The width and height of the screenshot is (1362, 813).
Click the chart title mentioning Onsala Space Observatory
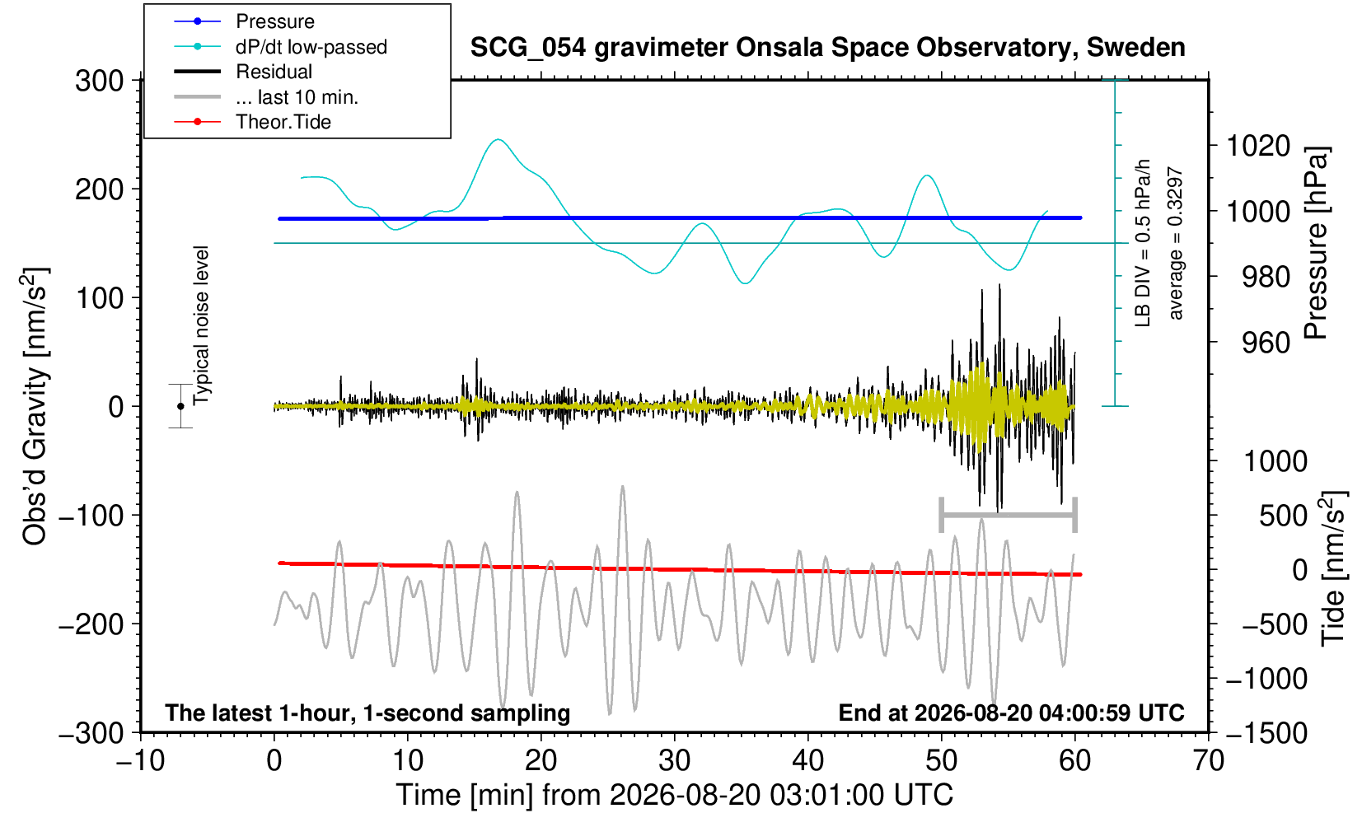(827, 48)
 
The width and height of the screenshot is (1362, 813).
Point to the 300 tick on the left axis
(99, 81)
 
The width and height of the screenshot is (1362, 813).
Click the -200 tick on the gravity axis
(91, 624)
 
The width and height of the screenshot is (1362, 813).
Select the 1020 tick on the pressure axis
(1258, 146)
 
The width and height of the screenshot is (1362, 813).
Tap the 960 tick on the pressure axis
(1266, 343)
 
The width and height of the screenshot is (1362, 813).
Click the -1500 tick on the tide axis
(1266, 733)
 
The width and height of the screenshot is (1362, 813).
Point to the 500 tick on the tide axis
(1283, 516)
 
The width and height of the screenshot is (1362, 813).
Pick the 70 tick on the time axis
(1208, 761)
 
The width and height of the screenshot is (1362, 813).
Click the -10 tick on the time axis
(140, 761)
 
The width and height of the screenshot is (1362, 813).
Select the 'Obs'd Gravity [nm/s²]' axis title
(34, 407)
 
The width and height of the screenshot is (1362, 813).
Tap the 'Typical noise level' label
(201, 326)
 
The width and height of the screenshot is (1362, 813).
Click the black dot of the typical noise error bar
(180, 406)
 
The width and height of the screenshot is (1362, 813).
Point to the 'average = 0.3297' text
(1176, 243)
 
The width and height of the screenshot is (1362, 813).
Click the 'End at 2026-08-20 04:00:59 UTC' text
(1011, 713)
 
